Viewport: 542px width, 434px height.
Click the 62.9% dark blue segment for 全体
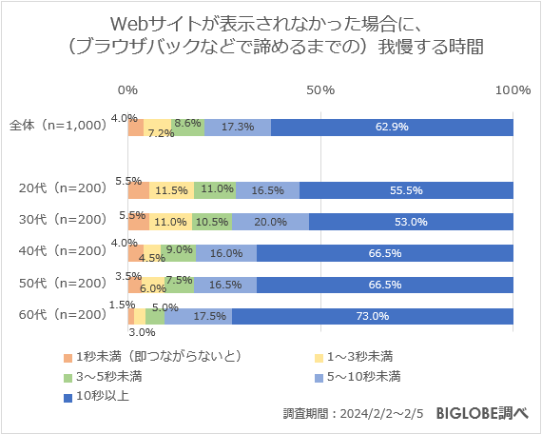[x=392, y=128]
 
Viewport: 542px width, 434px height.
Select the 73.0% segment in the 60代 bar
[x=372, y=317]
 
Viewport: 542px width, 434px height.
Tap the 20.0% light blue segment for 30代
[x=270, y=222]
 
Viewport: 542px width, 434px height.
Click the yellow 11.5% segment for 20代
[x=171, y=190]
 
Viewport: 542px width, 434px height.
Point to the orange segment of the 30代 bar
[x=139, y=222]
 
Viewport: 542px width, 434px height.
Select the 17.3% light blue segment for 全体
[x=237, y=128]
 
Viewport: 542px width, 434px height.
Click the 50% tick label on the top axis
[x=320, y=89]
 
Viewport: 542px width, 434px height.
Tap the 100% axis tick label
[x=513, y=89]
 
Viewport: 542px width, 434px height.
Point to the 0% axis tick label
[x=127, y=89]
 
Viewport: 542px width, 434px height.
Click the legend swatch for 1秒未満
[x=68, y=357]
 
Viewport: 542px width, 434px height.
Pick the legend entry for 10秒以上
[x=99, y=395]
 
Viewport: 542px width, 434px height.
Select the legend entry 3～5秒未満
[x=109, y=376]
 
